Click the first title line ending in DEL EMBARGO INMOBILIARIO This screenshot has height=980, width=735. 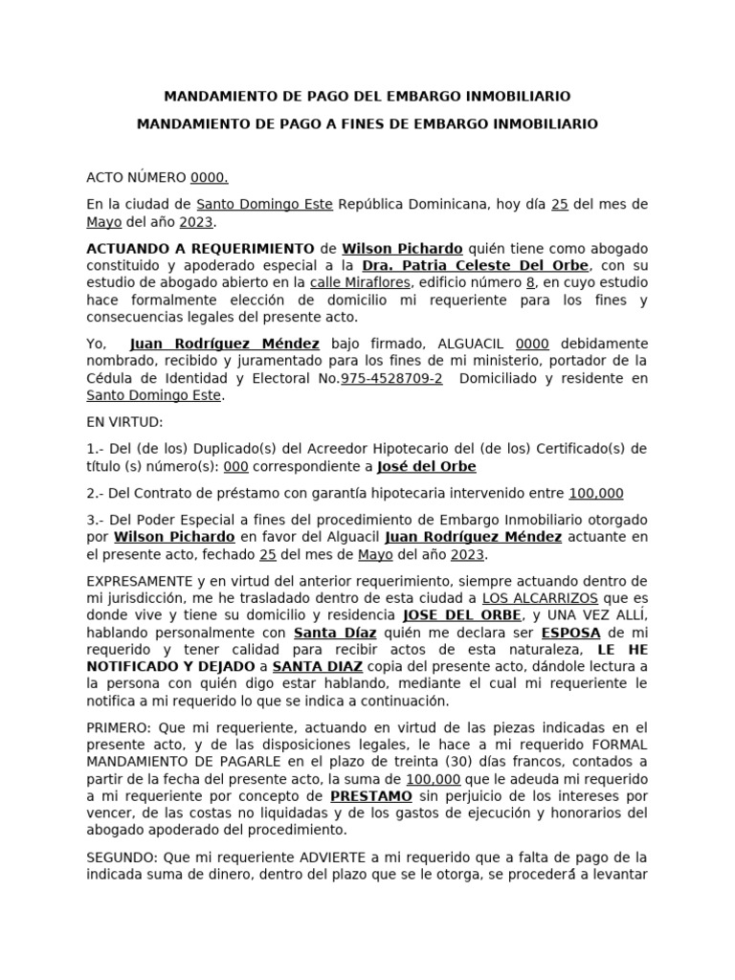click(x=367, y=97)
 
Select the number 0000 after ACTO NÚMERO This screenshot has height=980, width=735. click(x=210, y=178)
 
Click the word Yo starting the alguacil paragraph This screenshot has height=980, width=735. click(x=96, y=344)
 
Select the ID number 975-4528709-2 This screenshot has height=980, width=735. click(x=391, y=378)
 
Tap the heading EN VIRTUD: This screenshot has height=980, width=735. click(x=124, y=422)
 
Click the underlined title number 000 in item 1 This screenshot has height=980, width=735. click(x=235, y=466)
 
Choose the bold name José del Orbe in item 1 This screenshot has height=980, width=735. click(x=426, y=466)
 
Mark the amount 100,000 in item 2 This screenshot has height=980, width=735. click(x=595, y=494)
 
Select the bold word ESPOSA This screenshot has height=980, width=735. click(x=571, y=634)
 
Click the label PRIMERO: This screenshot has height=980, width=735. click(x=120, y=727)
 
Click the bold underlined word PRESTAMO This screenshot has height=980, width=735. click(x=371, y=796)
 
